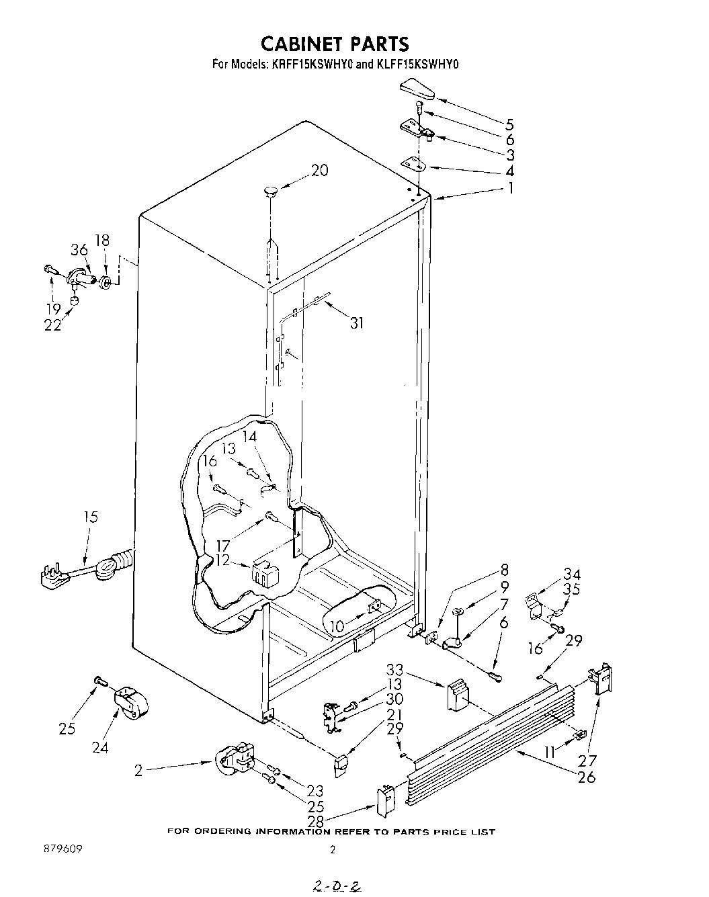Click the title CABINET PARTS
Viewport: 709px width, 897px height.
tap(334, 44)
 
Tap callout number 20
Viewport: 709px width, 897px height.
tap(319, 171)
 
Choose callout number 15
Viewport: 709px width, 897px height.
tap(91, 517)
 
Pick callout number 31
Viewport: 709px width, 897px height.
tap(357, 323)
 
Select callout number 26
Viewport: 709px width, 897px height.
tap(587, 777)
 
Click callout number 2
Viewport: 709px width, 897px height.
tap(138, 771)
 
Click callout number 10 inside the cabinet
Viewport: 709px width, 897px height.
tap(337, 626)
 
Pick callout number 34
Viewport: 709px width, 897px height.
tap(573, 574)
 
